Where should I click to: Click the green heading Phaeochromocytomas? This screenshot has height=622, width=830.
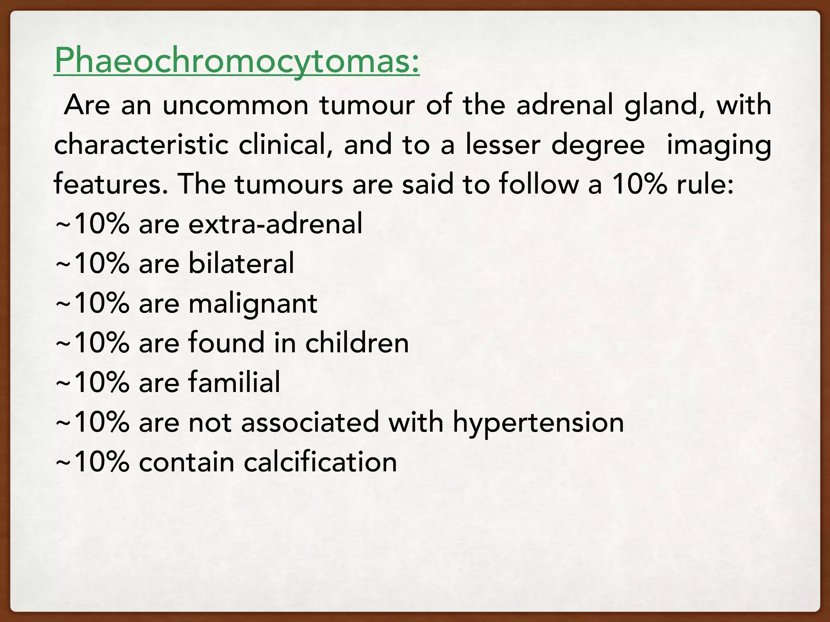tap(237, 62)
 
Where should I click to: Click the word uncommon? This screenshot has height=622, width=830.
tap(235, 105)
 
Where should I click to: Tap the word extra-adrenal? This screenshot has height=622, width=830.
tap(276, 224)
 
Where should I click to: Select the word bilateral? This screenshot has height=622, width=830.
tap(242, 263)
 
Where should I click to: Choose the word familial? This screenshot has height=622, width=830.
tap(234, 382)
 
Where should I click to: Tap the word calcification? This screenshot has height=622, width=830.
tap(320, 462)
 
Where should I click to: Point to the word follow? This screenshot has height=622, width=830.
tap(539, 184)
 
